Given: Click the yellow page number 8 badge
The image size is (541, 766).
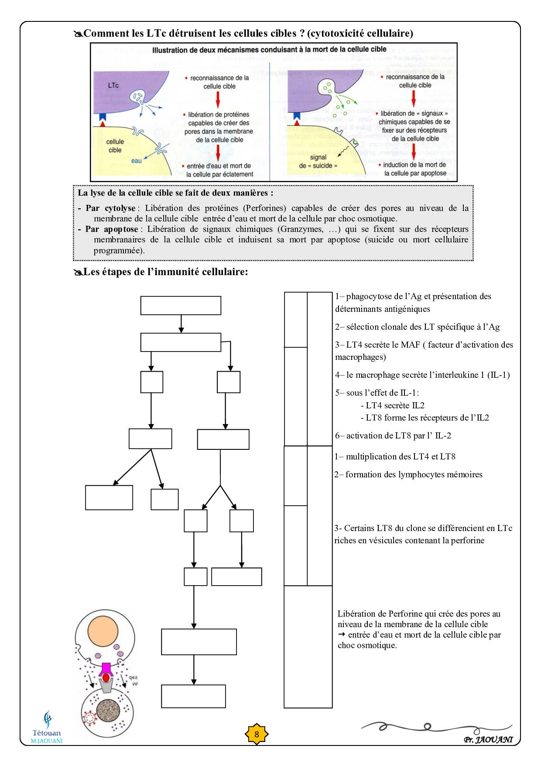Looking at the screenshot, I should pos(257,734).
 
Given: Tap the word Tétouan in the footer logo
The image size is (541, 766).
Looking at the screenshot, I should pos(47,733).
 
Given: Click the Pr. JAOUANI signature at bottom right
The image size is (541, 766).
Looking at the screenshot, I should pos(488,739).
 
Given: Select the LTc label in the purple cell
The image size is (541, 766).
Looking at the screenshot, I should pos(113,86).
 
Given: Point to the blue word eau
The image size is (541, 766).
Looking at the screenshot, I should pos(137,161).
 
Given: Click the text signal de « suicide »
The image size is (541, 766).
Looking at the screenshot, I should pos(318,162).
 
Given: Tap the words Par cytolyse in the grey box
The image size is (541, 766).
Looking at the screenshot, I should pos(110,208).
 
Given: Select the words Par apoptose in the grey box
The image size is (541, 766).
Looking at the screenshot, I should pos(112,229).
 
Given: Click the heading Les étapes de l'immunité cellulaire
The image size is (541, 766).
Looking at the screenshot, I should pos(165,272).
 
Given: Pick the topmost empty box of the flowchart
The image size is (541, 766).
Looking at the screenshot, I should pos(181,305).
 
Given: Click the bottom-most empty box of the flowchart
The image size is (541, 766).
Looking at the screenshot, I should pos(193,696).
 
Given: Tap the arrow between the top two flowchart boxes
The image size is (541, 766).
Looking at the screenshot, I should pos(181,324).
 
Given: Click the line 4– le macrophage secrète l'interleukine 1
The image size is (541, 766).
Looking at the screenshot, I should pos(422,375).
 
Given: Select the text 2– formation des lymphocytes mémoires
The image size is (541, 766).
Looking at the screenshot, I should pos(408,474).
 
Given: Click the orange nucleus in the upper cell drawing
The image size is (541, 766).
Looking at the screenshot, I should pos(103,632).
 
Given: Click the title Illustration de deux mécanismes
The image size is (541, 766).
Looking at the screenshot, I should pos(269,50).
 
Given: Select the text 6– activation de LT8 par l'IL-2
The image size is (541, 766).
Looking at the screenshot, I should pos(393,435).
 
